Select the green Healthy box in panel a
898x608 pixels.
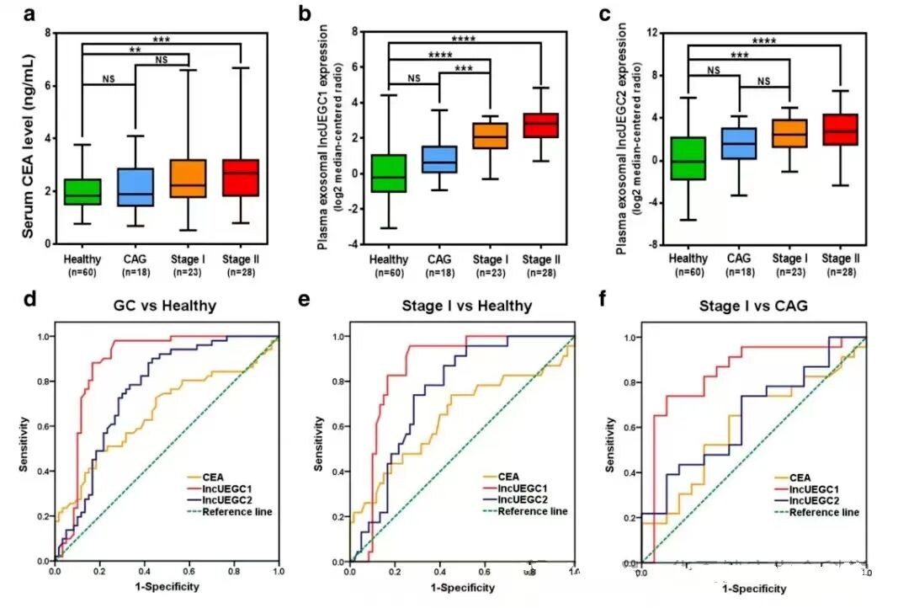tap(82, 192)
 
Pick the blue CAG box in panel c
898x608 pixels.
tap(739, 143)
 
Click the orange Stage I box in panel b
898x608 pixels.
tap(490, 136)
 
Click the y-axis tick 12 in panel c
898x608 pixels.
tap(651, 32)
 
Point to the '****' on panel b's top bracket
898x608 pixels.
tap(464, 39)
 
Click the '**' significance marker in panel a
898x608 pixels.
tap(135, 51)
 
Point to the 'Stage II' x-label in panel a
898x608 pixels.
tap(241, 259)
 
